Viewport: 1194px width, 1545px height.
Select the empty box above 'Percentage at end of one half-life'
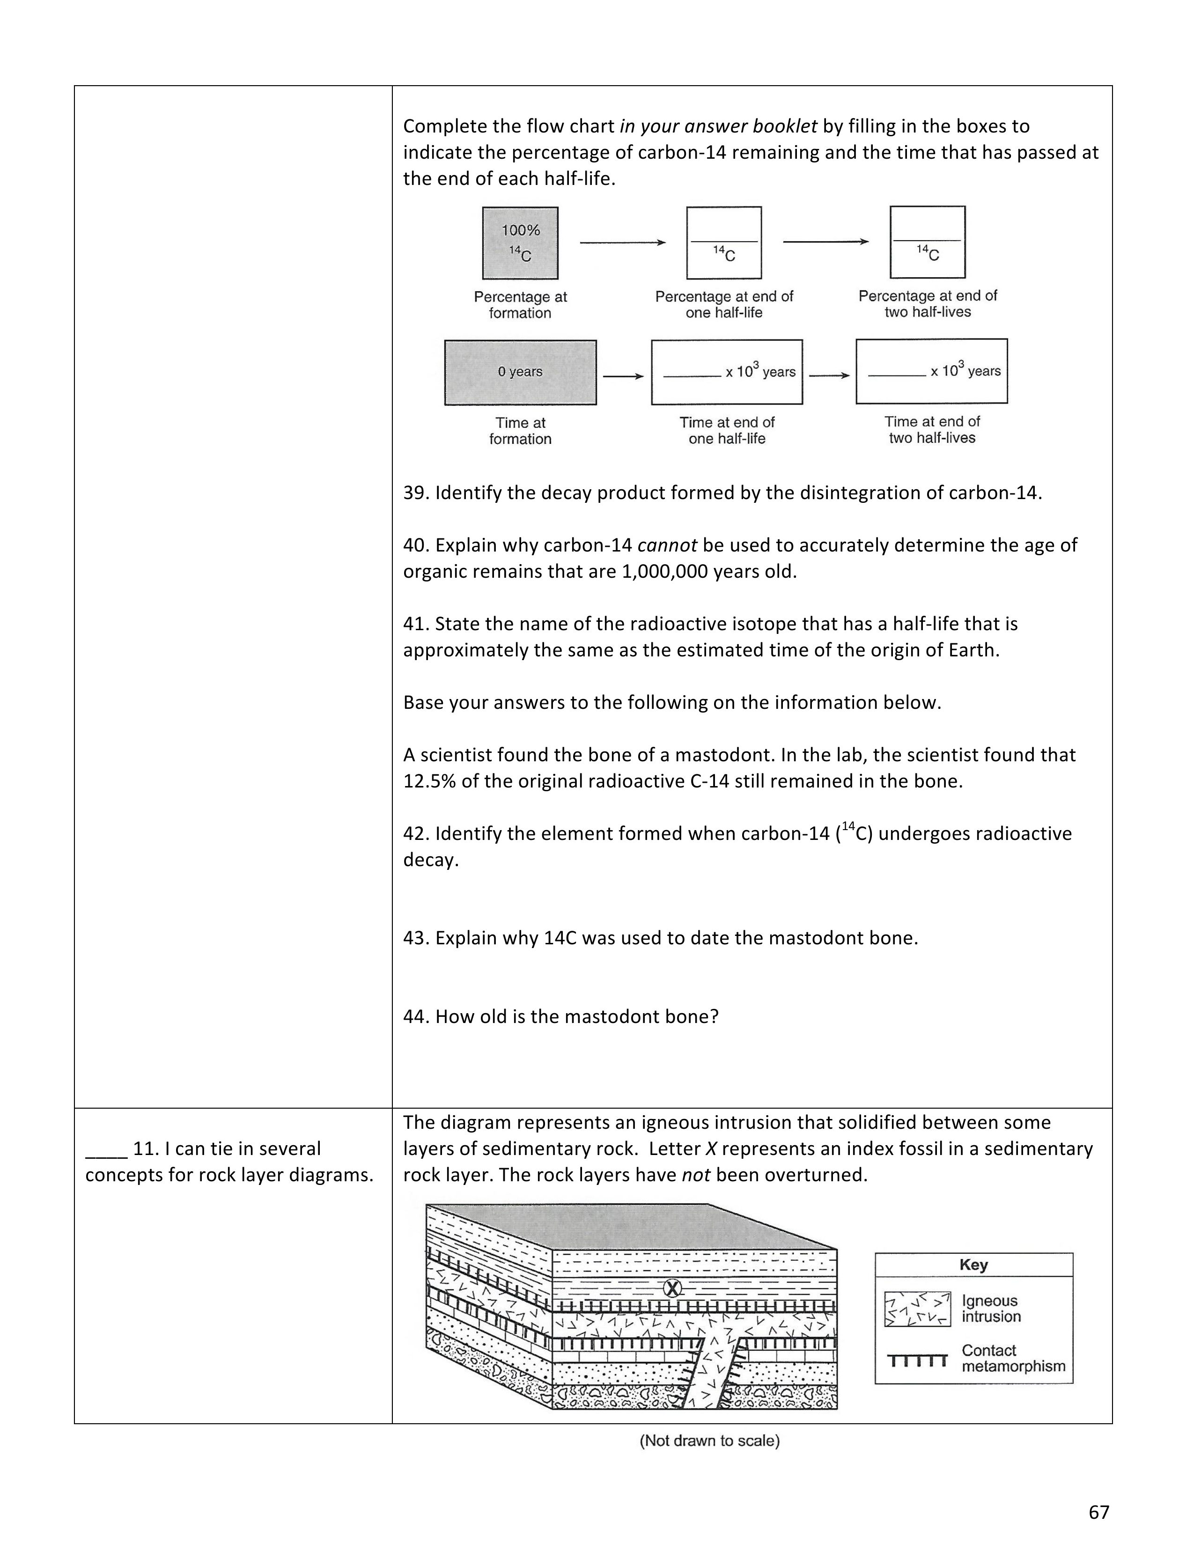coord(723,243)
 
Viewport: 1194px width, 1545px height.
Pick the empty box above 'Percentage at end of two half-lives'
coord(927,242)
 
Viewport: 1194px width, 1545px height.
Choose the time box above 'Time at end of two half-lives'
coord(932,371)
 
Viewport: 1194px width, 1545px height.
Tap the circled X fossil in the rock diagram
coord(673,1289)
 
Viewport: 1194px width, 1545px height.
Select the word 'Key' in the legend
coord(973,1265)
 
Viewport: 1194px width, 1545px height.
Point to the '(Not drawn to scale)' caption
coord(709,1441)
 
